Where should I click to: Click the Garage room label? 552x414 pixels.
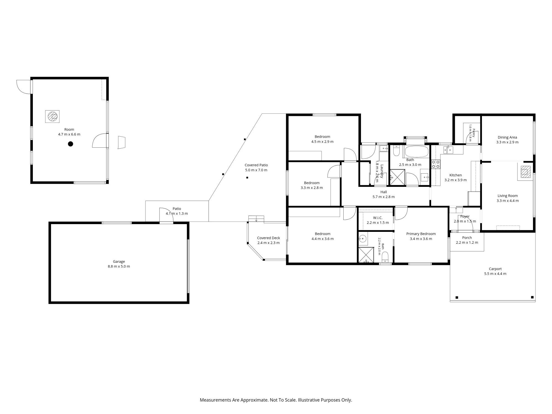tap(119, 261)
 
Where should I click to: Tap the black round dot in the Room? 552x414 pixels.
tap(71, 144)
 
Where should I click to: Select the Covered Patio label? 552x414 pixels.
tap(256, 165)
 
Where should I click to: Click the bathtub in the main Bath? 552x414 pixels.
tap(416, 152)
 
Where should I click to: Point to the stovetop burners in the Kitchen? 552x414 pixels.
tap(436, 164)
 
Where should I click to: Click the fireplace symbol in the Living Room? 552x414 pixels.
tap(525, 172)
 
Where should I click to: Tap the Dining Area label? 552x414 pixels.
tap(507, 137)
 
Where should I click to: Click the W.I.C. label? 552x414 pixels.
tap(378, 218)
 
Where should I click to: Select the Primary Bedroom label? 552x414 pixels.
tap(421, 234)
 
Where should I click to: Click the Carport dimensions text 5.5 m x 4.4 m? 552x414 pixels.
tap(495, 274)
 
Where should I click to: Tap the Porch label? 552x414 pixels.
tap(467, 238)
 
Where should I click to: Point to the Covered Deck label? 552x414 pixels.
tap(269, 238)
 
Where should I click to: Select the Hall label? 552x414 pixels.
tap(384, 192)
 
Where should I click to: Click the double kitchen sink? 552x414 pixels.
tap(448, 150)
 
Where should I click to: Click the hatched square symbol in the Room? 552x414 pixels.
tap(52, 116)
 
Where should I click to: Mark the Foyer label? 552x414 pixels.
tap(465, 216)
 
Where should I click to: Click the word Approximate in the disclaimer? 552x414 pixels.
tap(254, 400)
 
